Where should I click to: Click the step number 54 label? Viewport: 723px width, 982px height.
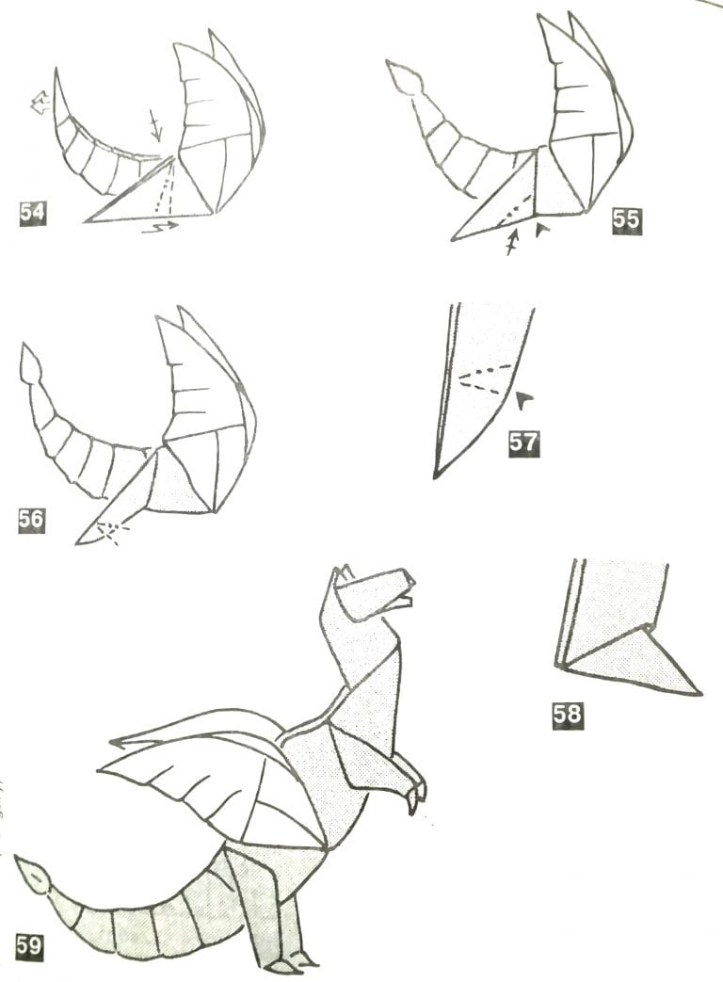33,213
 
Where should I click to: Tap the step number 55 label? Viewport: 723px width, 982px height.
627,220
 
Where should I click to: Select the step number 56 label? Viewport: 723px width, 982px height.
31,520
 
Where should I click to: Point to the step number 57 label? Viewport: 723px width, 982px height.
523,443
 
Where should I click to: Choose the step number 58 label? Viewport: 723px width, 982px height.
567,714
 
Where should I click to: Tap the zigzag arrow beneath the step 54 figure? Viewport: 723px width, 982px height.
160,227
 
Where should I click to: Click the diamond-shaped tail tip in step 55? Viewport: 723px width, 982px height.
402,77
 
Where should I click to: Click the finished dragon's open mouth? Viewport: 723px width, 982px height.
406,595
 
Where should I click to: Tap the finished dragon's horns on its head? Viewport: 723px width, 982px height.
344,573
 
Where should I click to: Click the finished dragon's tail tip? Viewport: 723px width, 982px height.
31,875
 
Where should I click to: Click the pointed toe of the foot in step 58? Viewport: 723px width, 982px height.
700,693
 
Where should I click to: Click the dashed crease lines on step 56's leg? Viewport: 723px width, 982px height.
110,532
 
